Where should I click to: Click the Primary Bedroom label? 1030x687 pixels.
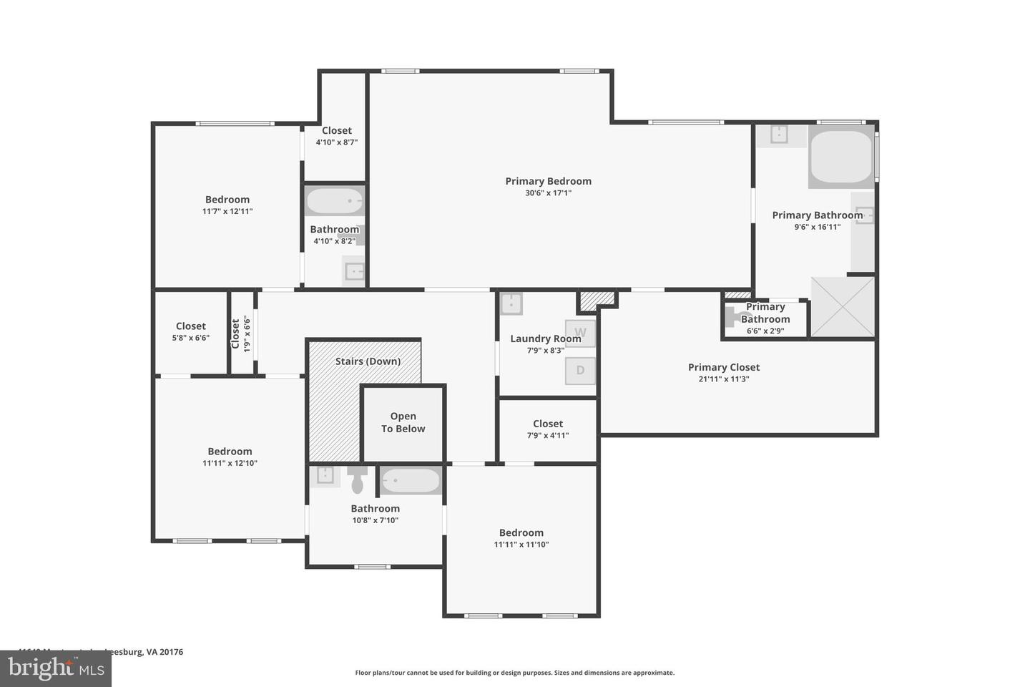(x=548, y=181)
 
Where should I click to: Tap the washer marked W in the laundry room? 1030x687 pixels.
(x=580, y=333)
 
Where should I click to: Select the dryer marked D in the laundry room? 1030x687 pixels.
(x=580, y=370)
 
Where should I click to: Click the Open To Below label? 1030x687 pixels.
(x=403, y=422)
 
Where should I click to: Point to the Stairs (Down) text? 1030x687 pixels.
(x=368, y=361)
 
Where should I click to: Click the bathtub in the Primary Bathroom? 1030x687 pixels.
(x=841, y=157)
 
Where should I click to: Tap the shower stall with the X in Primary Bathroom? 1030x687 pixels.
(x=843, y=307)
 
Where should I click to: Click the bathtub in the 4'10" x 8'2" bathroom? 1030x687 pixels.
(x=335, y=201)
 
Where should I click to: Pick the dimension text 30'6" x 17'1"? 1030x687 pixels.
(x=548, y=193)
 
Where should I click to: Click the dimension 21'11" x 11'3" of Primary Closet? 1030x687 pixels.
(x=724, y=379)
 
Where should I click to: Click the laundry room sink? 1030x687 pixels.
(x=511, y=303)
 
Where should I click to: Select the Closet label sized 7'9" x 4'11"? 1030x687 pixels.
(x=548, y=424)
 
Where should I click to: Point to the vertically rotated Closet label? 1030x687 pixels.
(x=235, y=333)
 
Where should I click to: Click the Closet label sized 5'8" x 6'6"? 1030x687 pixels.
(x=190, y=326)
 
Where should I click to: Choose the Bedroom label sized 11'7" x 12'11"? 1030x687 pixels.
(x=227, y=200)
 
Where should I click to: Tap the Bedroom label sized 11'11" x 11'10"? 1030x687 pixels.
(x=521, y=532)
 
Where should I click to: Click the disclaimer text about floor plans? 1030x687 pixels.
(x=514, y=673)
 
